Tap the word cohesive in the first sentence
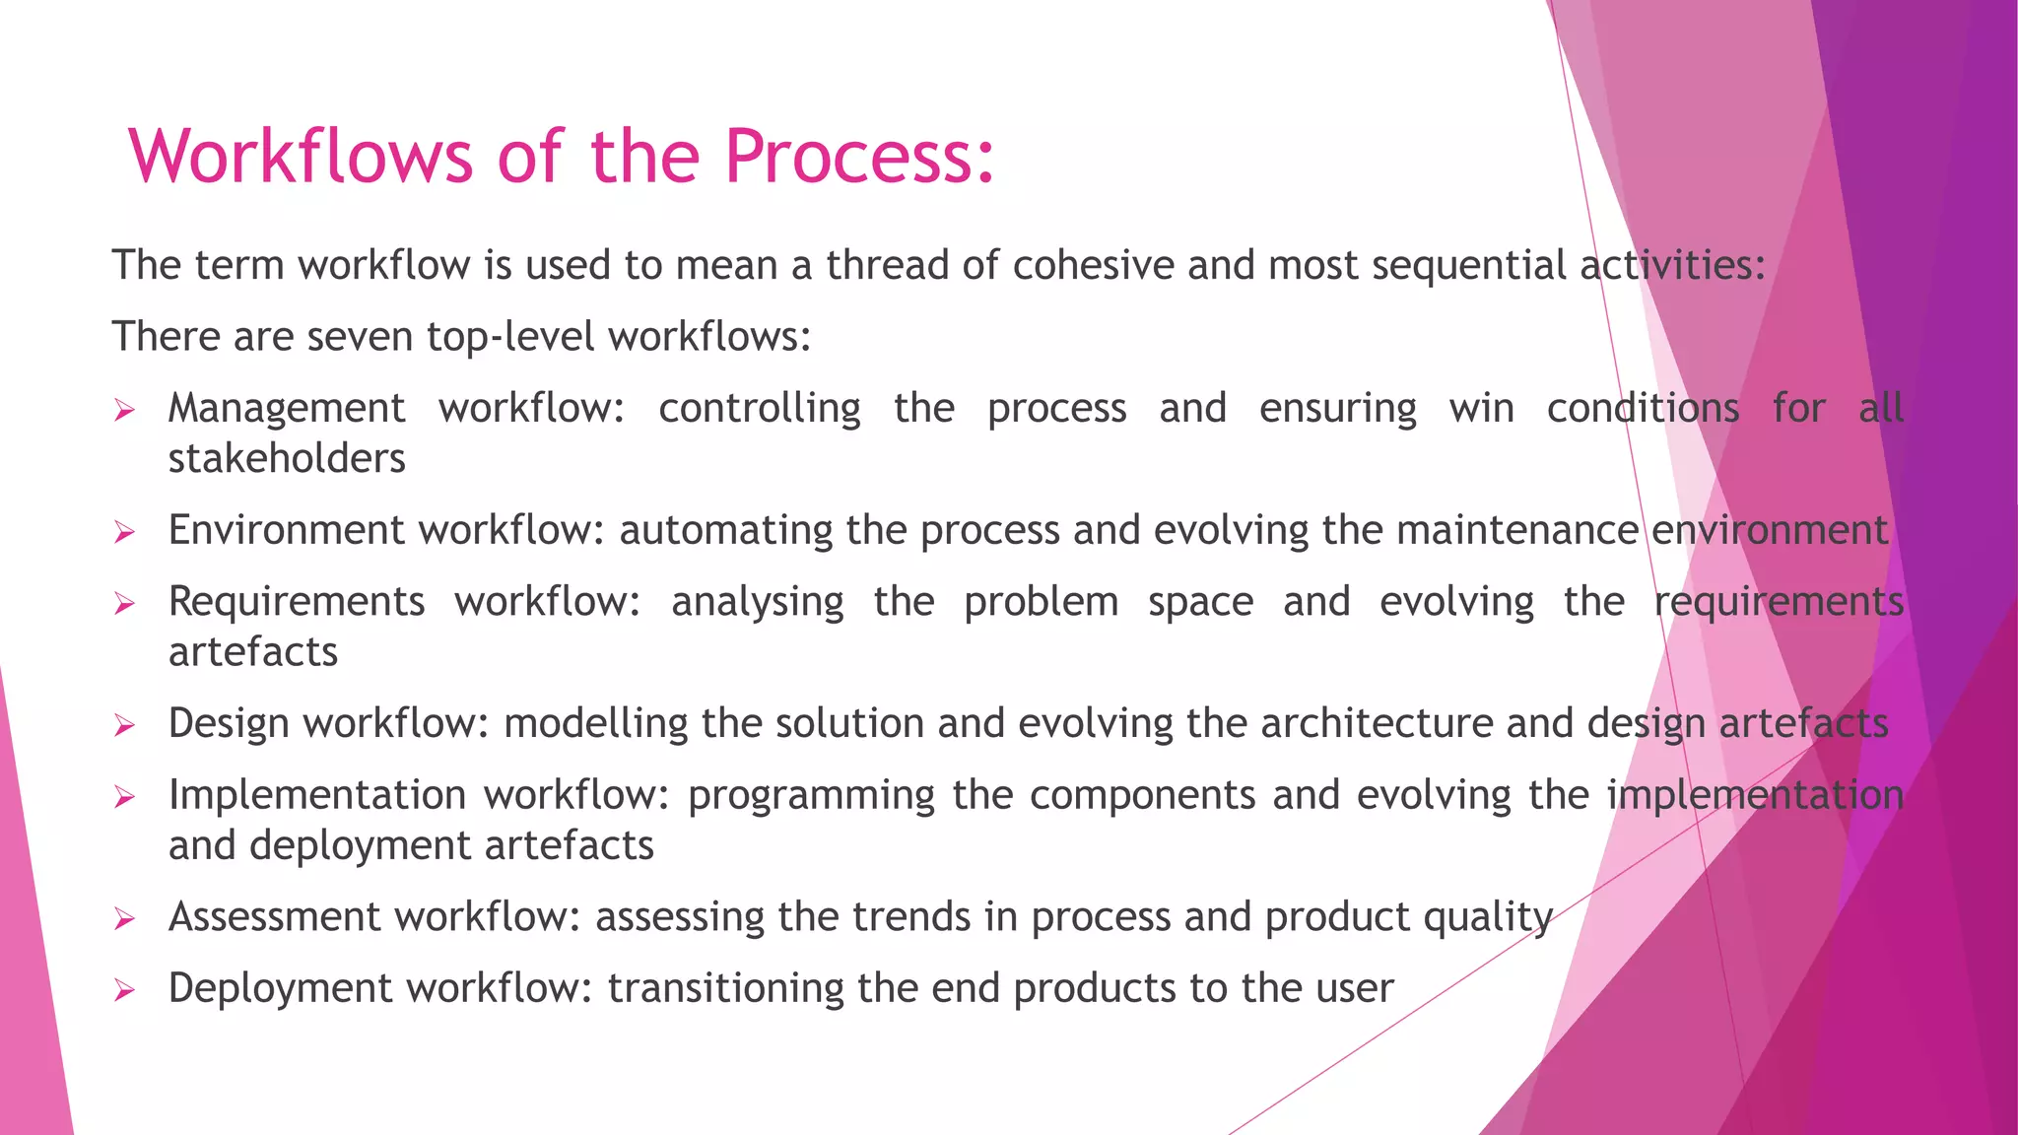coord(1093,265)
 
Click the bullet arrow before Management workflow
coord(124,410)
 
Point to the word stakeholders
coord(287,459)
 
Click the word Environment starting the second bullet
coord(287,530)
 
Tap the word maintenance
coord(1516,530)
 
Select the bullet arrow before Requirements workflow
coord(124,603)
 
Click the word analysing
coord(757,602)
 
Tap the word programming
coord(811,796)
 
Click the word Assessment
coord(274,917)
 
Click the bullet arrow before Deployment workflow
coord(124,990)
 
